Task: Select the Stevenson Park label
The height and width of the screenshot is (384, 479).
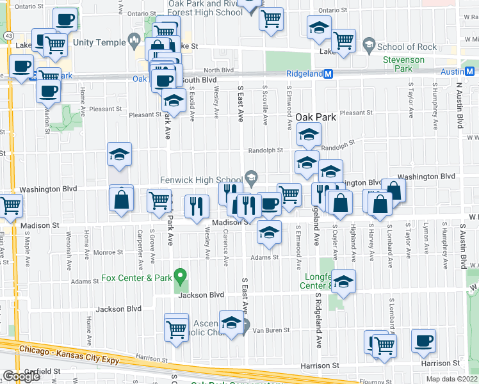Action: [403, 63]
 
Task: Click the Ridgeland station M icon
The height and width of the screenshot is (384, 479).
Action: [329, 74]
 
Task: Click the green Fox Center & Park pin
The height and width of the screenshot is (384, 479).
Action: [181, 276]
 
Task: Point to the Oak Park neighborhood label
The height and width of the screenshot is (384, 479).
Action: [316, 117]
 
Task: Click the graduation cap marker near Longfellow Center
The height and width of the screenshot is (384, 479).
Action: [343, 282]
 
